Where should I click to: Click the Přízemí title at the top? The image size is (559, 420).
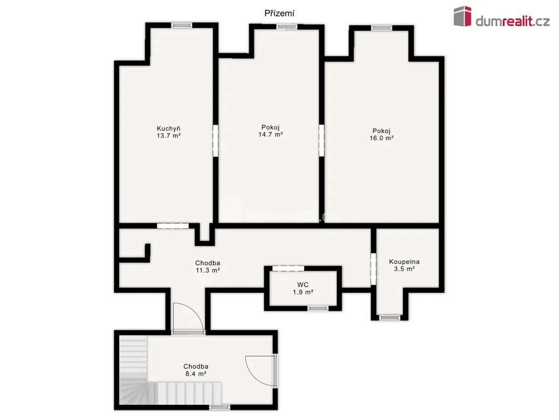(x=279, y=14)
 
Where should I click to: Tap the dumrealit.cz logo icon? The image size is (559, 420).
(x=462, y=16)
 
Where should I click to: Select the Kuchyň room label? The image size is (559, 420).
(x=169, y=129)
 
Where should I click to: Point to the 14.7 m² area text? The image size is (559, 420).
(x=271, y=135)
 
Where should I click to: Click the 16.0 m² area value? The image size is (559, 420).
(x=382, y=138)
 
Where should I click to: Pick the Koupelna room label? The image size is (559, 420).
(x=405, y=262)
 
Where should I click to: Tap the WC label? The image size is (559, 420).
(x=302, y=284)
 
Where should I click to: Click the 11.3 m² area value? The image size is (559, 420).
(x=208, y=270)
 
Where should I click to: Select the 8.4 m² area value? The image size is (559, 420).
(x=196, y=374)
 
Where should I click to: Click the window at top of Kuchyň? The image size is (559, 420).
(x=181, y=25)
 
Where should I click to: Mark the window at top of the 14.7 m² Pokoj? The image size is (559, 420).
(x=287, y=27)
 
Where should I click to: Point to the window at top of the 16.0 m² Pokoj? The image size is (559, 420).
(x=382, y=28)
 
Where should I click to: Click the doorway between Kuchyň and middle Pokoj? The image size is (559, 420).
(x=215, y=141)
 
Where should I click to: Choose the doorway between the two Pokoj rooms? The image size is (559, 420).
(x=322, y=141)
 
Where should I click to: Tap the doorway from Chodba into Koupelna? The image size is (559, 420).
(x=373, y=269)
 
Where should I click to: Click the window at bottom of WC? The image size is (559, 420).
(x=318, y=308)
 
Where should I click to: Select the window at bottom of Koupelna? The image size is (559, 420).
(x=389, y=318)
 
